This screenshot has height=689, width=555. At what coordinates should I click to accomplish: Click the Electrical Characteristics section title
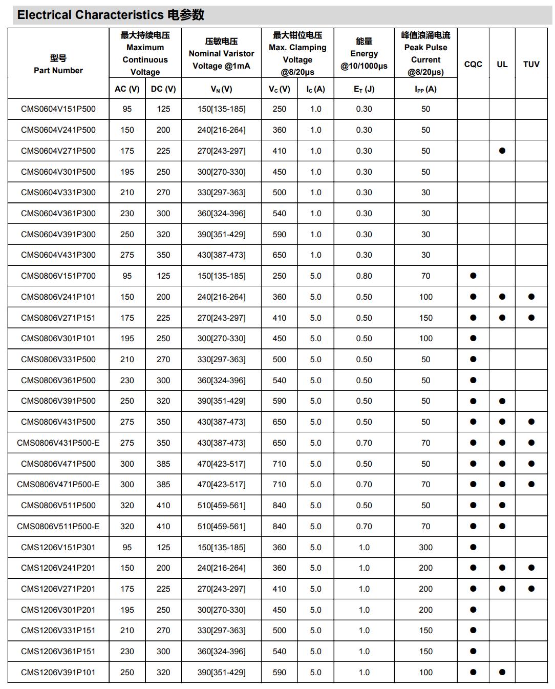pos(111,15)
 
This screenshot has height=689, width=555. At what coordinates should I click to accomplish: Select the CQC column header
pos(473,64)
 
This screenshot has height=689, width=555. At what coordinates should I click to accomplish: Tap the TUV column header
pos(531,64)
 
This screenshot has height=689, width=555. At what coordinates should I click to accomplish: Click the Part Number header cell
pos(58,64)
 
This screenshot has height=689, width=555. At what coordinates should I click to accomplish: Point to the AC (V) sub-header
pos(127,89)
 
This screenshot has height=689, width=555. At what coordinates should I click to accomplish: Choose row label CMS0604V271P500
pos(58,151)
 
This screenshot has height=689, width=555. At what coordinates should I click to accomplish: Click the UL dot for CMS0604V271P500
pos(502,151)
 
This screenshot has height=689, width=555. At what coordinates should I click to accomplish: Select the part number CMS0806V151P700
pos(58,276)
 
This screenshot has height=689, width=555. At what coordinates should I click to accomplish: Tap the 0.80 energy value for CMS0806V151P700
pos(364,276)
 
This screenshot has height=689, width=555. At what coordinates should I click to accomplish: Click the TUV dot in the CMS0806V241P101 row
pos(531,297)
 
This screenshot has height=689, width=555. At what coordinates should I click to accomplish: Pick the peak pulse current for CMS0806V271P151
pos(425,318)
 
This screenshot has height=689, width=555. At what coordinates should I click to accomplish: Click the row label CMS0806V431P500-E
pos(58,443)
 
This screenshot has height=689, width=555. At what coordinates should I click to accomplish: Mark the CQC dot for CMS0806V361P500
pos(473,380)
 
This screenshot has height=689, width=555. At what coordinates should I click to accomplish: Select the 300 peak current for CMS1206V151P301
pos(425,548)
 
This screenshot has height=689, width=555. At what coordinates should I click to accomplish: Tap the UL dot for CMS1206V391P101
pos(502,672)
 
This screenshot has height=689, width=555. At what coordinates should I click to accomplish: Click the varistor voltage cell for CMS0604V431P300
pos(221,255)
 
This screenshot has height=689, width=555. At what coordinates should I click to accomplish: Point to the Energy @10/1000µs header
pos(364,53)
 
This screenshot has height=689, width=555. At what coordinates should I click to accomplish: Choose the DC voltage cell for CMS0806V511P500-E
pos(163,527)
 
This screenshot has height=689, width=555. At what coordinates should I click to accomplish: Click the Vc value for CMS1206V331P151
pos(280,631)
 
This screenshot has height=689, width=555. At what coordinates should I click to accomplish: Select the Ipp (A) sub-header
pos(425,89)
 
